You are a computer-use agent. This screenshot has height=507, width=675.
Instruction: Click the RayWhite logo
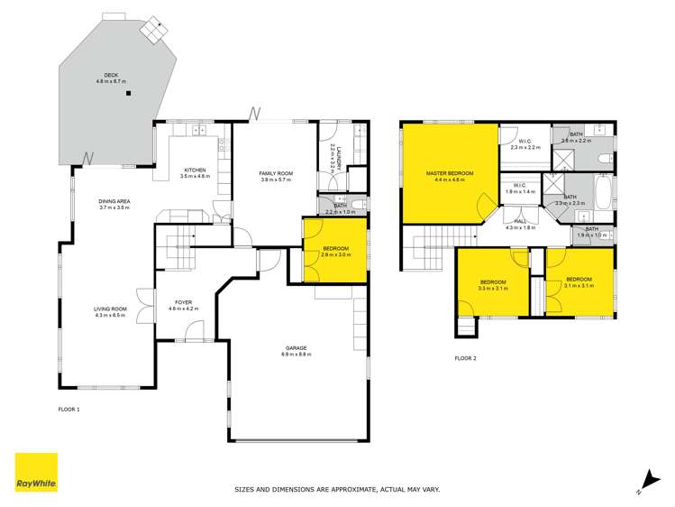click(x=36, y=473)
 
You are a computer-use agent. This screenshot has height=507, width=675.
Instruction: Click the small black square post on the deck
click(x=129, y=94)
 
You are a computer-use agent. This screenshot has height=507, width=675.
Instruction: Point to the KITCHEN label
click(x=196, y=170)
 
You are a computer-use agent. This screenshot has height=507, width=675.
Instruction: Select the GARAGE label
click(x=297, y=347)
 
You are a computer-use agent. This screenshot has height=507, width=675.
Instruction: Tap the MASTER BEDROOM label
click(x=450, y=172)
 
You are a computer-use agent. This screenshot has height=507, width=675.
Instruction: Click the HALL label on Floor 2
click(x=520, y=221)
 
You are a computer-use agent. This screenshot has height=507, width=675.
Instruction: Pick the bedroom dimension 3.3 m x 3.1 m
click(x=492, y=288)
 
